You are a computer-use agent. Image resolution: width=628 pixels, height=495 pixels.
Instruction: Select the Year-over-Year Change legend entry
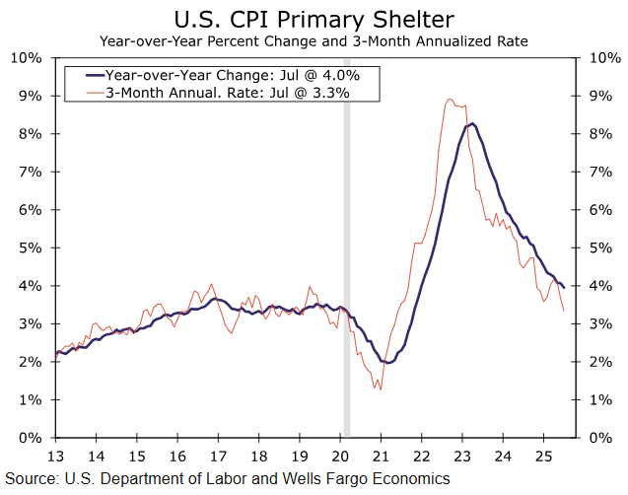click(227, 75)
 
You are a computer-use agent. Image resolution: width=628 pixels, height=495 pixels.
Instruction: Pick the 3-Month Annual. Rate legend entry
click(227, 92)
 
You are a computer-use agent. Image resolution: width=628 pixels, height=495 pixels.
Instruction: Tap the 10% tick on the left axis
click(26, 57)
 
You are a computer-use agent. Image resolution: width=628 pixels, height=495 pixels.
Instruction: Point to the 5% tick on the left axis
click(30, 247)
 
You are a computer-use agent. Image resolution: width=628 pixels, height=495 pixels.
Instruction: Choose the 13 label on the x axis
click(56, 457)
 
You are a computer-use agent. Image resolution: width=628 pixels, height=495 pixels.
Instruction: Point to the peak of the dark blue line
click(473, 123)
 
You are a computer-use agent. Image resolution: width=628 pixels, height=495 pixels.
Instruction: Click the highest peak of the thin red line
click(450, 99)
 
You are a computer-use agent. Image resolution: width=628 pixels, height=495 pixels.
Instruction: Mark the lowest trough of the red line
click(380, 389)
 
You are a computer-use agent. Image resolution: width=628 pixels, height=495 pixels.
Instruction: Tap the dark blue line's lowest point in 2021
click(389, 362)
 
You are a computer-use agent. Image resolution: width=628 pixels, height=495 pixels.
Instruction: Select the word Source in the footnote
click(32, 479)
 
